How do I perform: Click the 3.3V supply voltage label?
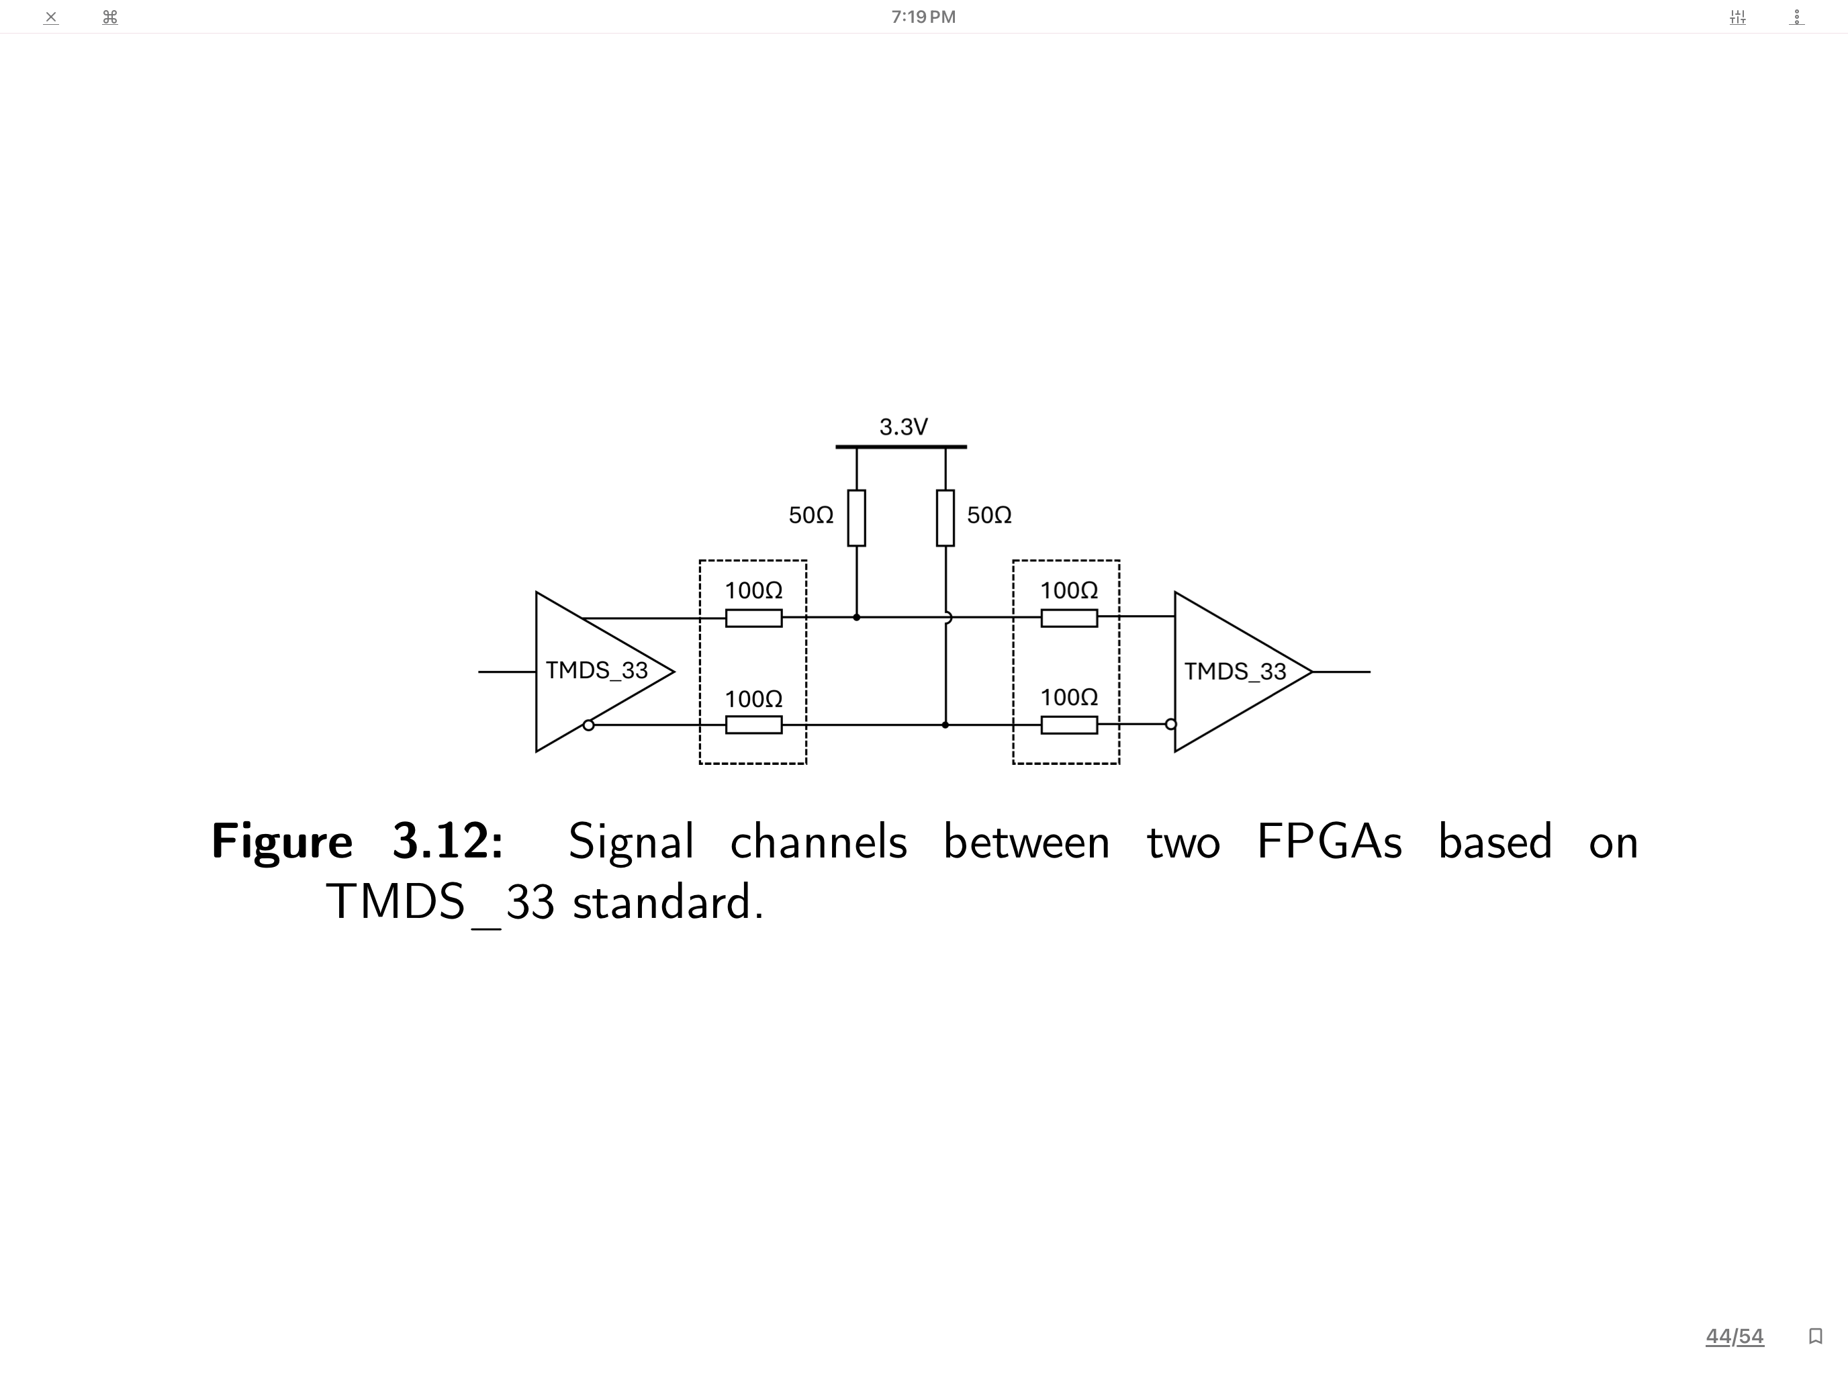pos(903,427)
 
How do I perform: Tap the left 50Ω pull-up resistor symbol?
pos(856,518)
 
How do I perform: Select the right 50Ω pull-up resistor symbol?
pos(945,518)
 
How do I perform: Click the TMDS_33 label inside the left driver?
pos(596,670)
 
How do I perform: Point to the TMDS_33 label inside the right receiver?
pos(1235,671)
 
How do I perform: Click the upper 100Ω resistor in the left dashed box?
pos(753,618)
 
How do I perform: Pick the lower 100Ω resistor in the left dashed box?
pos(753,725)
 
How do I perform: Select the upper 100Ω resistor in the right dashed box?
pos(1068,618)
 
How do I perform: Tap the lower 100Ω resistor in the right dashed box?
pos(1068,725)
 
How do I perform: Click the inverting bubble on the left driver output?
pos(588,725)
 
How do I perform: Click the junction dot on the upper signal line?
pos(856,617)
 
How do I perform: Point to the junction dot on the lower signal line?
pos(945,725)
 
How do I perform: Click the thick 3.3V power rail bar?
pos(900,447)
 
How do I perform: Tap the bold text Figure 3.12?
pos(357,841)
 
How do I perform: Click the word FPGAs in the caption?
pos(1328,841)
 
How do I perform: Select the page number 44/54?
pos(1735,1336)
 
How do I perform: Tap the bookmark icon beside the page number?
pos(1814,1336)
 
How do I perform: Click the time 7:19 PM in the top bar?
pos(923,17)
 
